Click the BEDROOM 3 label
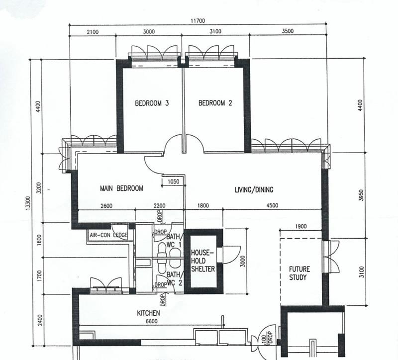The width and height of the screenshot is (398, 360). (x=152, y=103)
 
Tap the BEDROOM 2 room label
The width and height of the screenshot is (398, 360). (x=215, y=103)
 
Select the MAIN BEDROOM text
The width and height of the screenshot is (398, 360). (x=121, y=188)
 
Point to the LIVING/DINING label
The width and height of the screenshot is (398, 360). (x=254, y=189)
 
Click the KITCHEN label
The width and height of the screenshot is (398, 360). (x=148, y=313)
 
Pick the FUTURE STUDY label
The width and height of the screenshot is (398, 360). (x=299, y=273)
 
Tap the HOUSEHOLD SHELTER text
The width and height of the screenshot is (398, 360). (x=203, y=261)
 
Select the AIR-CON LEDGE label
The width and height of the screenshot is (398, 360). (x=108, y=235)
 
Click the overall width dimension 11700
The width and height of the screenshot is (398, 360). (x=198, y=20)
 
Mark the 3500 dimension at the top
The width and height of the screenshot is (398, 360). (x=288, y=31)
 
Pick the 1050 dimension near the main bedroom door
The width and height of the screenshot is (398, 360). (x=174, y=182)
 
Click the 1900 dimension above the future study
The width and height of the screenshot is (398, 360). (x=300, y=226)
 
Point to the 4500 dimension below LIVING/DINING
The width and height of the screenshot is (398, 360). (x=272, y=206)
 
